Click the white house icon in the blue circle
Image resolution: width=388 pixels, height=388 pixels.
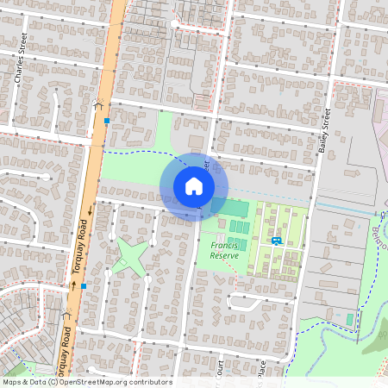(193, 186)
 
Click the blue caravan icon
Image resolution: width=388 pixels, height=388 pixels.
(276, 241)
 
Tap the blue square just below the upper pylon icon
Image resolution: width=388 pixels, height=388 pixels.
(107, 122)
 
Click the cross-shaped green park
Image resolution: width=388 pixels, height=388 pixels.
(131, 256)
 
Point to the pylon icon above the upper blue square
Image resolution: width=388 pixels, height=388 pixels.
(99, 104)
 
